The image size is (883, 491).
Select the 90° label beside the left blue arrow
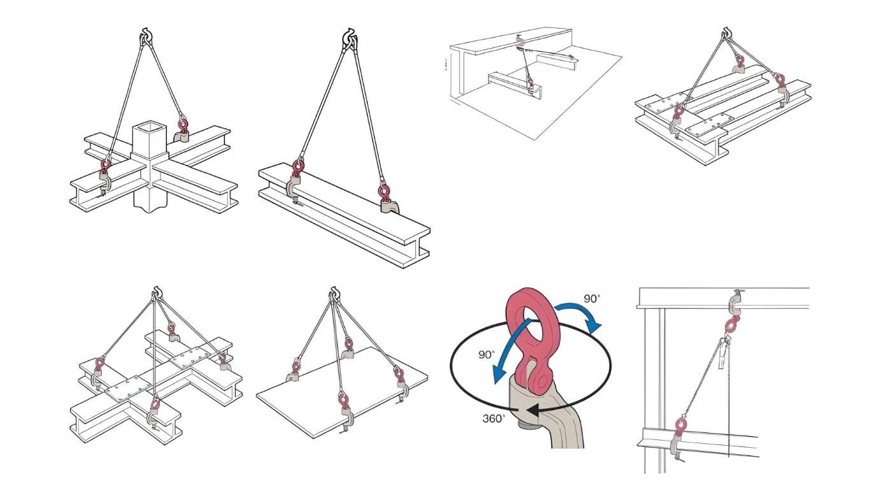(486, 355)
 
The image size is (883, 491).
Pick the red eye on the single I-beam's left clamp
(298, 169)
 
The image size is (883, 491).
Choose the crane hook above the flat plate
(333, 294)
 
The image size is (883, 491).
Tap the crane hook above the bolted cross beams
(156, 294)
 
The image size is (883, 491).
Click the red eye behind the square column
(183, 122)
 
